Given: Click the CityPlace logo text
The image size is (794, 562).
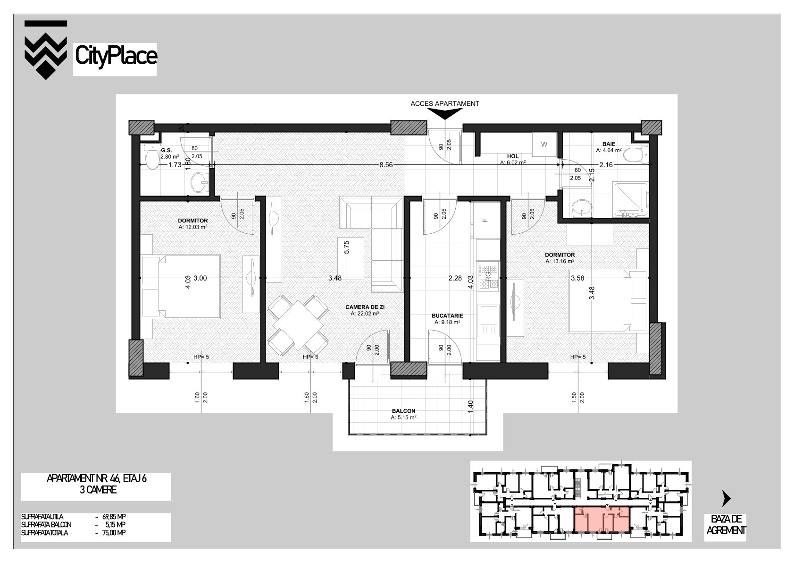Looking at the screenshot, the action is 116,57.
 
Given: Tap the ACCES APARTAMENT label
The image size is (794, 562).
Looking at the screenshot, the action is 444,103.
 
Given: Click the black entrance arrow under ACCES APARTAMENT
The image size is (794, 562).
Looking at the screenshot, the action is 445,113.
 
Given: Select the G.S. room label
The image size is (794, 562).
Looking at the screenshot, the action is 167,151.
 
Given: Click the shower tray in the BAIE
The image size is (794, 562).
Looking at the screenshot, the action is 631,200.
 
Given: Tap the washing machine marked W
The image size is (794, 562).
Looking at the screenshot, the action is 544,145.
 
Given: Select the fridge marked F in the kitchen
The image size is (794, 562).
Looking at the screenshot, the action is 485,220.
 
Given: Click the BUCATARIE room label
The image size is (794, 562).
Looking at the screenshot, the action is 447,315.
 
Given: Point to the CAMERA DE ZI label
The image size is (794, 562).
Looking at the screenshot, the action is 365,307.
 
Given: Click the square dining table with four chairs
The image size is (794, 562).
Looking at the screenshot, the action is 298,325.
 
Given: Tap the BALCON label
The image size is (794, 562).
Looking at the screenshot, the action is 403,411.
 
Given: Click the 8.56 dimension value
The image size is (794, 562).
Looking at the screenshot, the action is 386,165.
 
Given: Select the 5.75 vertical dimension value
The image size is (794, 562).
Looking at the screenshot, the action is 347,247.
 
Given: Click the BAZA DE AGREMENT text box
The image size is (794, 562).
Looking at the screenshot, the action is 726,525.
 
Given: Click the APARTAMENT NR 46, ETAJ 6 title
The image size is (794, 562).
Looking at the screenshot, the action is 96,478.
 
